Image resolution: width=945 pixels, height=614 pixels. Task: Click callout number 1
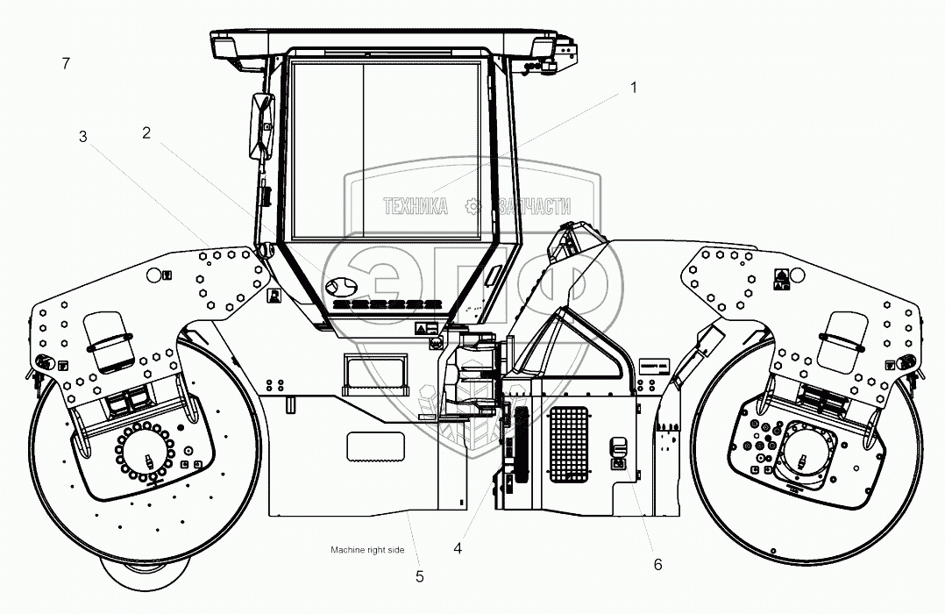coord(634,88)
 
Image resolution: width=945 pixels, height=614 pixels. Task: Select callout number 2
coord(146,133)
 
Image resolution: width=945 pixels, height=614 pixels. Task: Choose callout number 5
coord(419,576)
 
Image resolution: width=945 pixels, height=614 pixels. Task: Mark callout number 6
coord(657,565)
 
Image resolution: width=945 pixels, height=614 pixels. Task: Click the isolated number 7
coord(66,63)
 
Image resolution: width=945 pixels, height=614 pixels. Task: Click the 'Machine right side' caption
coord(367,550)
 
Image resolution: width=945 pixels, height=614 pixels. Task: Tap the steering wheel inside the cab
coord(341,287)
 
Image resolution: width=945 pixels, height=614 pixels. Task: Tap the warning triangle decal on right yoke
coord(780,275)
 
